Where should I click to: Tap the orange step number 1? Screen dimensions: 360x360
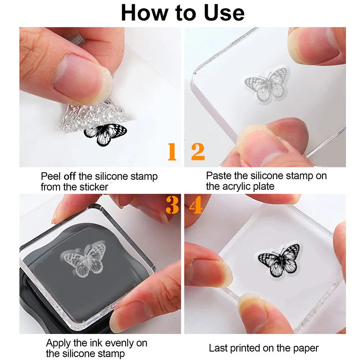coord(172,152)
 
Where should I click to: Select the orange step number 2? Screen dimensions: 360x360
coord(198,152)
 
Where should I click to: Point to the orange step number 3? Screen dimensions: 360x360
coord(172,205)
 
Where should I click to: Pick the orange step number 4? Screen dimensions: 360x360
coord(195,205)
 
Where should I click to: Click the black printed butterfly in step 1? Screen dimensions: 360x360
coord(105,135)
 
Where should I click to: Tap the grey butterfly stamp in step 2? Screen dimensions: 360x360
coord(266,85)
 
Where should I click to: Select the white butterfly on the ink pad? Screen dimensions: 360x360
coord(84,260)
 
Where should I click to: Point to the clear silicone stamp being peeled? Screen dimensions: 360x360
coord(94,116)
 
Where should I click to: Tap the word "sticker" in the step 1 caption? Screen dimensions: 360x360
coord(94,187)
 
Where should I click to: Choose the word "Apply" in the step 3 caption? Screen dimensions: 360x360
coord(58,343)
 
